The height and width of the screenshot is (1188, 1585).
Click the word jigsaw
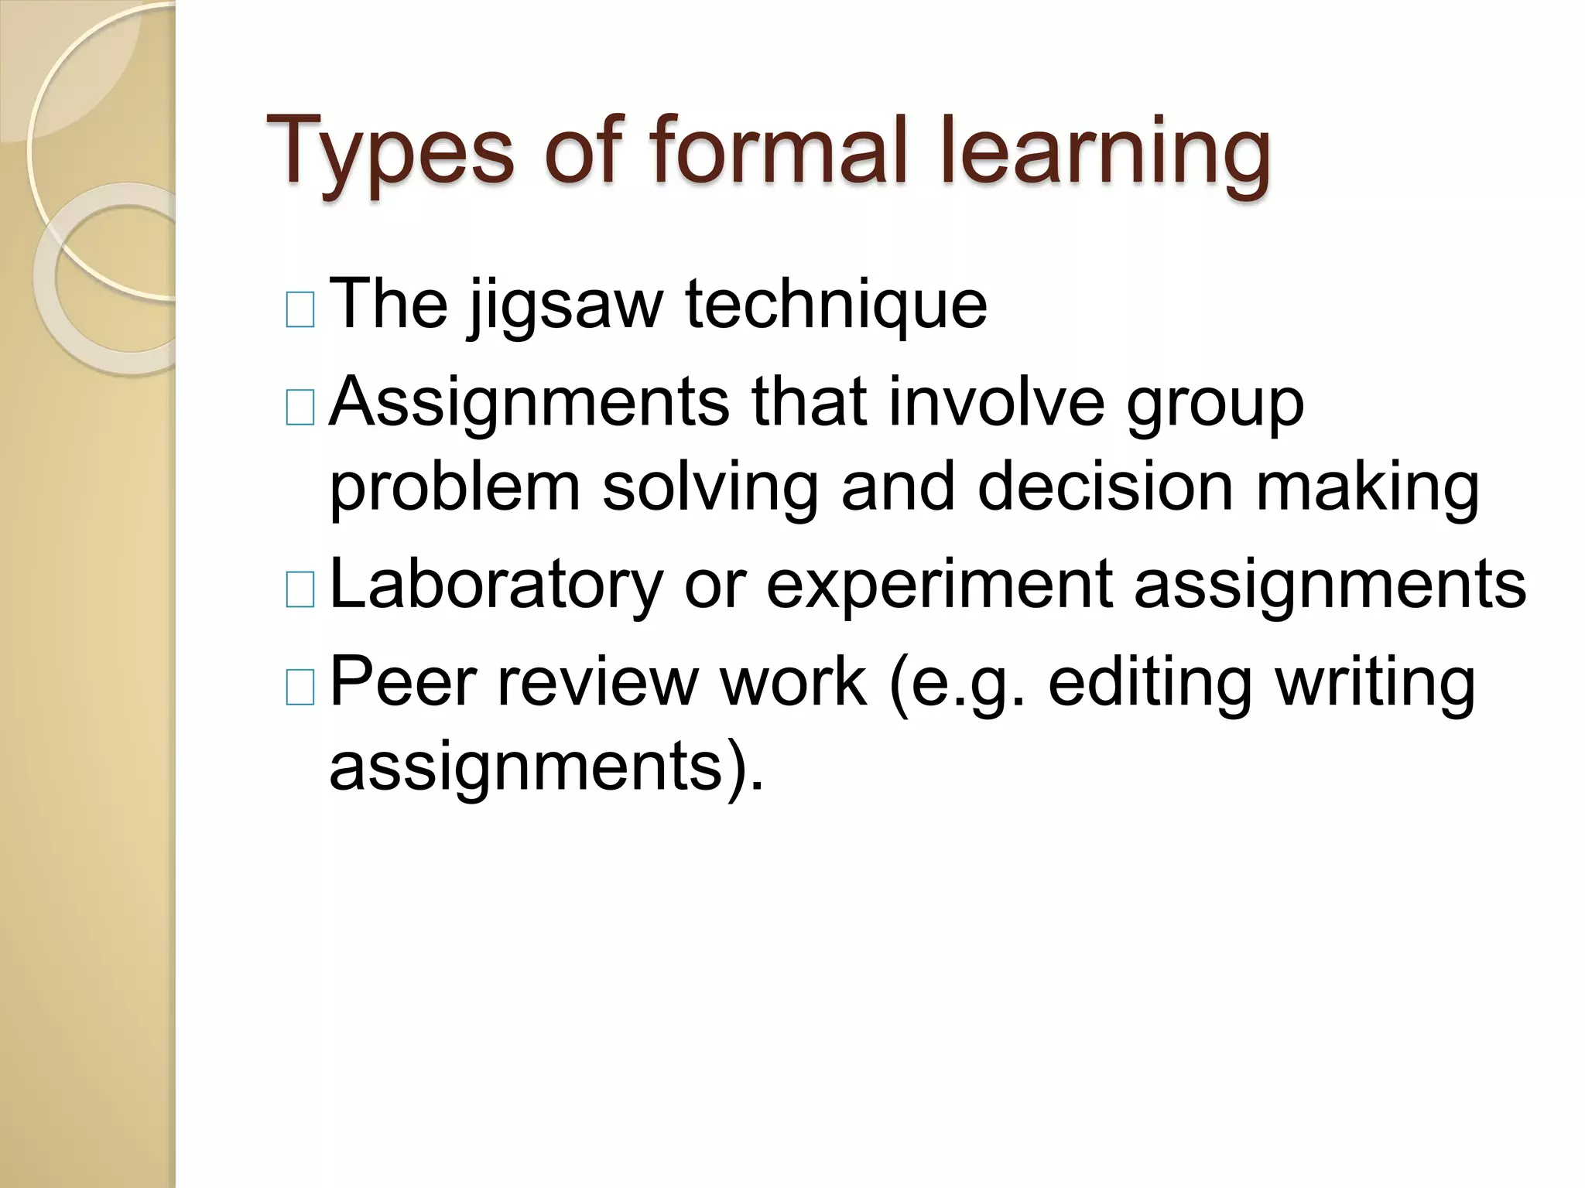tap(565, 306)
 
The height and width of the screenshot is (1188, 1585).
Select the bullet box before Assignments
tap(300, 408)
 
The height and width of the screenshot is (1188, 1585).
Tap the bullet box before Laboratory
tap(300, 589)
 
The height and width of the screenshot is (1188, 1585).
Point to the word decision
tap(1104, 487)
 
